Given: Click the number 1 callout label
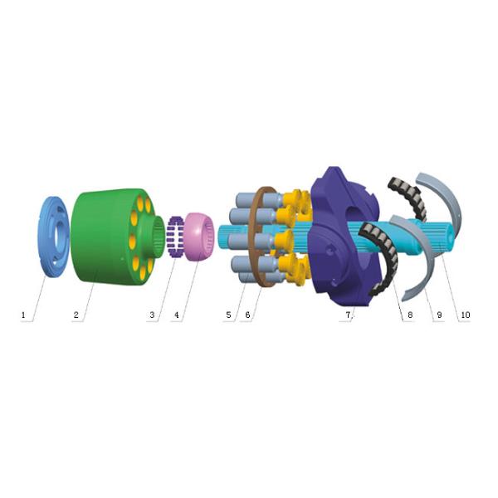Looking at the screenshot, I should click(25, 315).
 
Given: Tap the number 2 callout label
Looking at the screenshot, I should click(76, 315).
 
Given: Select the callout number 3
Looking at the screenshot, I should click(152, 315).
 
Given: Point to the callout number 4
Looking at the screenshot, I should click(176, 315).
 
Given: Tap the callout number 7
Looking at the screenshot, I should click(349, 315).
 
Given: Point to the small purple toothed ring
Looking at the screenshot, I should click(176, 237).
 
